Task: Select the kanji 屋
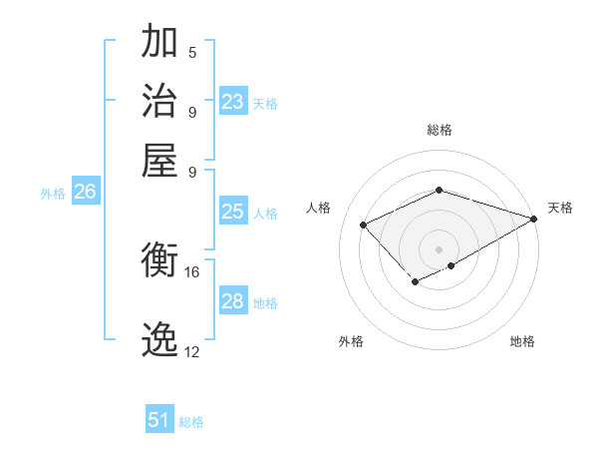click(x=159, y=159)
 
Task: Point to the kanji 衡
click(x=159, y=261)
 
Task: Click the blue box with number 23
click(x=233, y=102)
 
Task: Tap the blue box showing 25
click(x=232, y=212)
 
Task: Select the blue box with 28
click(x=232, y=301)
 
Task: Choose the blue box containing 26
click(x=85, y=193)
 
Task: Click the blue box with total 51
click(x=159, y=420)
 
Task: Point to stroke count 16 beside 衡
click(x=192, y=271)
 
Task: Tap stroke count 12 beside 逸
click(x=192, y=351)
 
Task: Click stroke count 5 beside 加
click(x=192, y=52)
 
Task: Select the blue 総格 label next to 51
click(x=191, y=422)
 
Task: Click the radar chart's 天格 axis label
click(x=560, y=208)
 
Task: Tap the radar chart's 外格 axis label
click(x=351, y=341)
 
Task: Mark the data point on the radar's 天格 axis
click(x=534, y=219)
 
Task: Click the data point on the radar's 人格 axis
click(x=364, y=225)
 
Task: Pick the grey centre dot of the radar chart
click(x=439, y=249)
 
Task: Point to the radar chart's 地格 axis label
click(x=522, y=341)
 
